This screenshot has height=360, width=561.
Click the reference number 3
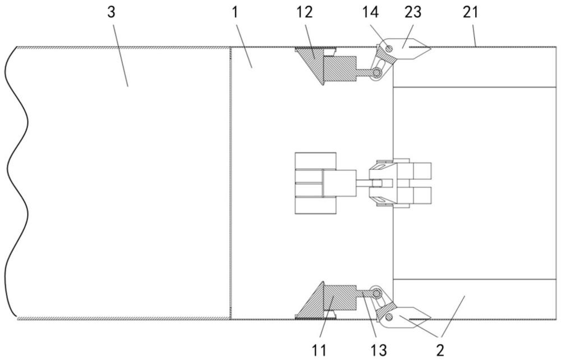tap(111, 12)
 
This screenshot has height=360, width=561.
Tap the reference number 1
tap(234, 12)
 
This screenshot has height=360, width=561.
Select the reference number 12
tap(304, 12)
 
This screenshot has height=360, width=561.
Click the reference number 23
tap(413, 12)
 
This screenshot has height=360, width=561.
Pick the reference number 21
tap(470, 12)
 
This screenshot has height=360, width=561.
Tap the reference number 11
tap(319, 350)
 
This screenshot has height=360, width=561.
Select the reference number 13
tap(378, 350)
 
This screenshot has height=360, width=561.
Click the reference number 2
tap(440, 350)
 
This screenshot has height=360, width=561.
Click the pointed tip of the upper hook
tap(430, 47)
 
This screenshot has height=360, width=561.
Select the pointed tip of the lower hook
tap(430, 317)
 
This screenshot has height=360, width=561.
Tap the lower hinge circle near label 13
tap(376, 293)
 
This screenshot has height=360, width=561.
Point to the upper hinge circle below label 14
tap(376, 72)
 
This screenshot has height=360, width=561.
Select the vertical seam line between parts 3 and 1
tap(230, 183)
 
